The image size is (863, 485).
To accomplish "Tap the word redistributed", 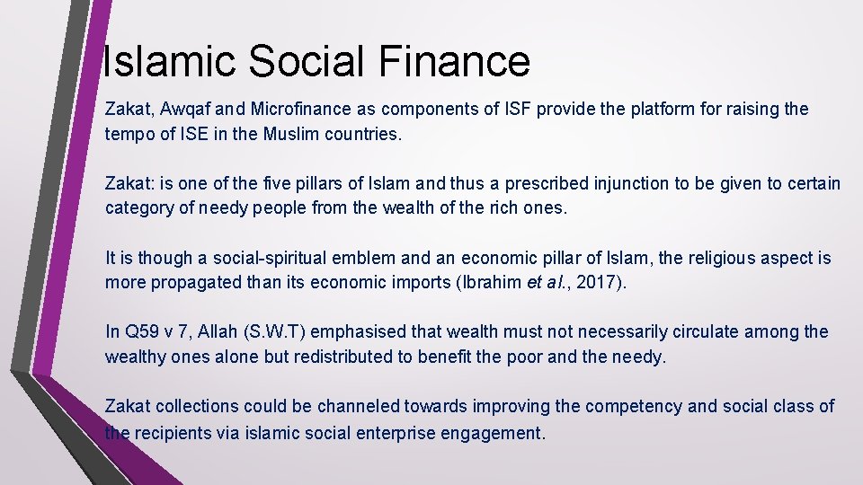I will coord(343,357).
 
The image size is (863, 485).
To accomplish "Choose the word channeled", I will coord(350,406).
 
